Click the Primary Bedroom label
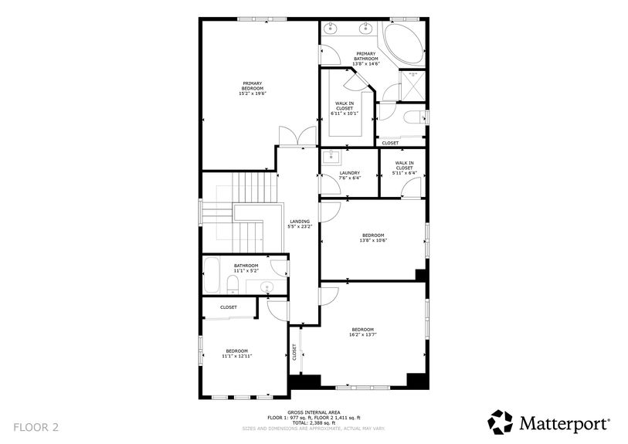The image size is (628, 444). (253, 87)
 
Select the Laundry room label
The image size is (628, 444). (349, 175)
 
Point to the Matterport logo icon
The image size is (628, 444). (500, 422)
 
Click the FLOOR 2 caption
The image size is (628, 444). (36, 426)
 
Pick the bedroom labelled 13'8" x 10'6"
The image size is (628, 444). (372, 238)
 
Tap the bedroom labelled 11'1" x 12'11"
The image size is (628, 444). (237, 353)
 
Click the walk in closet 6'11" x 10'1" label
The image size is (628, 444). (345, 108)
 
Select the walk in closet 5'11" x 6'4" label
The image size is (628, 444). (404, 168)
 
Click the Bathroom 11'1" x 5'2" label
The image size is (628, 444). (246, 268)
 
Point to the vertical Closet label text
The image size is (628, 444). (294, 352)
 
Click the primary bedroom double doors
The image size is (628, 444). (298, 136)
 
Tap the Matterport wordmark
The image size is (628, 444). (565, 423)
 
